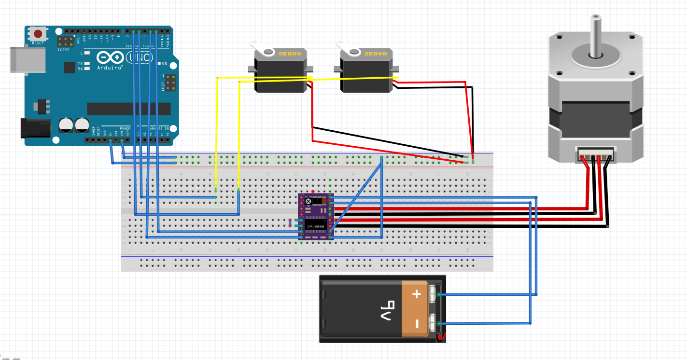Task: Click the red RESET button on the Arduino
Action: tap(38, 34)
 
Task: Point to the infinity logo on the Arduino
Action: tap(110, 58)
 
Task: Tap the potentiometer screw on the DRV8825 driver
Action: tap(308, 201)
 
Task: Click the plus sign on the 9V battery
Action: tap(416, 294)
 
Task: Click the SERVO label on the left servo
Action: tap(290, 54)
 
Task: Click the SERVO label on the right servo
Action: tap(376, 54)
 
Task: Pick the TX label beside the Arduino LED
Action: tap(80, 64)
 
